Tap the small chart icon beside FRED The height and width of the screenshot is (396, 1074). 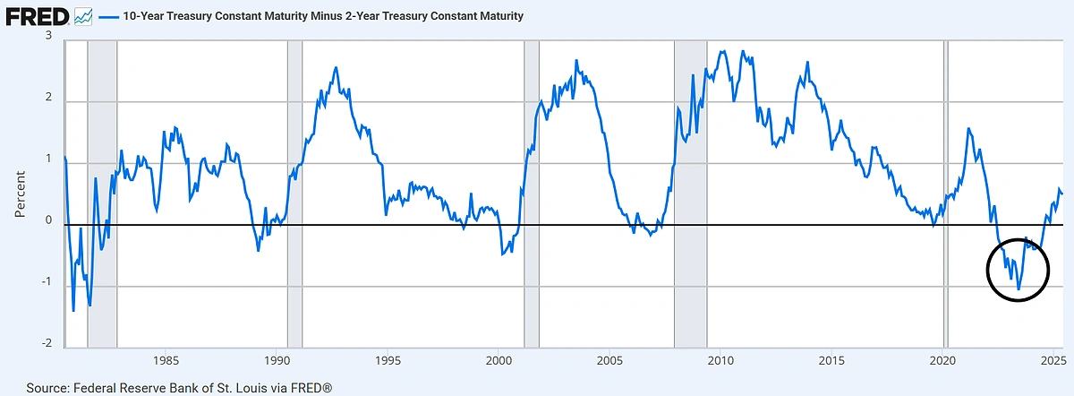83,16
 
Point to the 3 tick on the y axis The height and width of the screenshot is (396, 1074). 48,36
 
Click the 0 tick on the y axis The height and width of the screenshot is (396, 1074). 48,221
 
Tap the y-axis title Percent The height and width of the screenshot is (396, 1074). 20,194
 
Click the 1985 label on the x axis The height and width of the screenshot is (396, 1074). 165,361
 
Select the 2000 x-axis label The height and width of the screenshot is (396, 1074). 499,361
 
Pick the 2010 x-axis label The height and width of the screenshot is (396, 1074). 720,361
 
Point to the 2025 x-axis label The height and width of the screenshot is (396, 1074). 1053,361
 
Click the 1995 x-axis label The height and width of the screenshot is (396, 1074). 388,361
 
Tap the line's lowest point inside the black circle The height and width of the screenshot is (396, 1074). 1019,288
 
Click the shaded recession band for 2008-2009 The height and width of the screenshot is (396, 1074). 690,193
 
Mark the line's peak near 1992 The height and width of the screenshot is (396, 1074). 336,68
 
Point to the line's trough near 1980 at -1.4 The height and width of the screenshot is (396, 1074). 73,310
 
